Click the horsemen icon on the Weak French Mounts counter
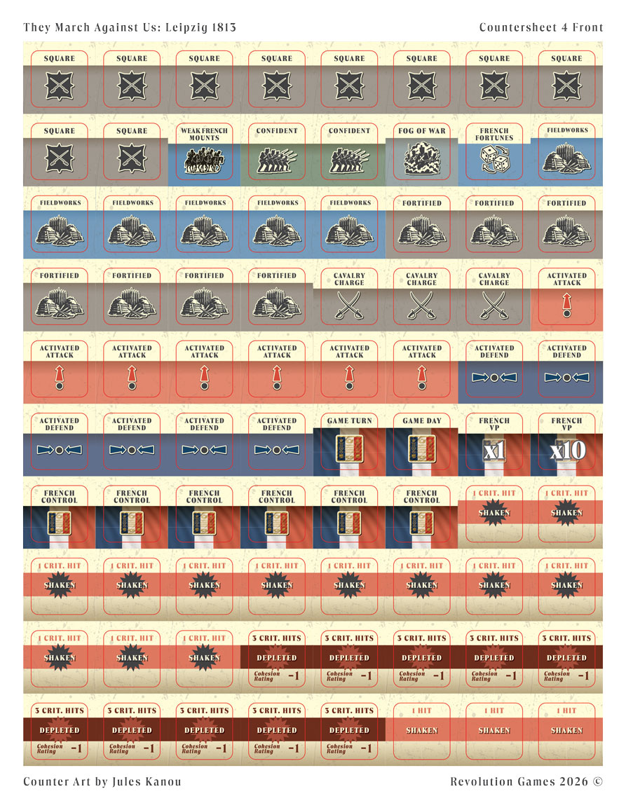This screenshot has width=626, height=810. coord(204,160)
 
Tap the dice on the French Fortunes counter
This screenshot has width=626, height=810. coord(494,158)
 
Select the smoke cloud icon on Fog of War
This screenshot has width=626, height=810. coord(422,158)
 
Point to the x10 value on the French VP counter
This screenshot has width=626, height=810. coord(567,451)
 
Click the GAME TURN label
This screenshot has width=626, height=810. coord(349,421)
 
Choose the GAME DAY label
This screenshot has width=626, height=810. coord(422,421)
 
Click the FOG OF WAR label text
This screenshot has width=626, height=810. coord(422,131)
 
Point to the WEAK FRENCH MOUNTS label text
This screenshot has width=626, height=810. coord(204,135)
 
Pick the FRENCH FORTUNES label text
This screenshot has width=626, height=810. coord(494,135)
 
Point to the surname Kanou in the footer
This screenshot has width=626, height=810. coord(163,781)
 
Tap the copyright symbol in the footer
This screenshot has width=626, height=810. coord(597,781)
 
